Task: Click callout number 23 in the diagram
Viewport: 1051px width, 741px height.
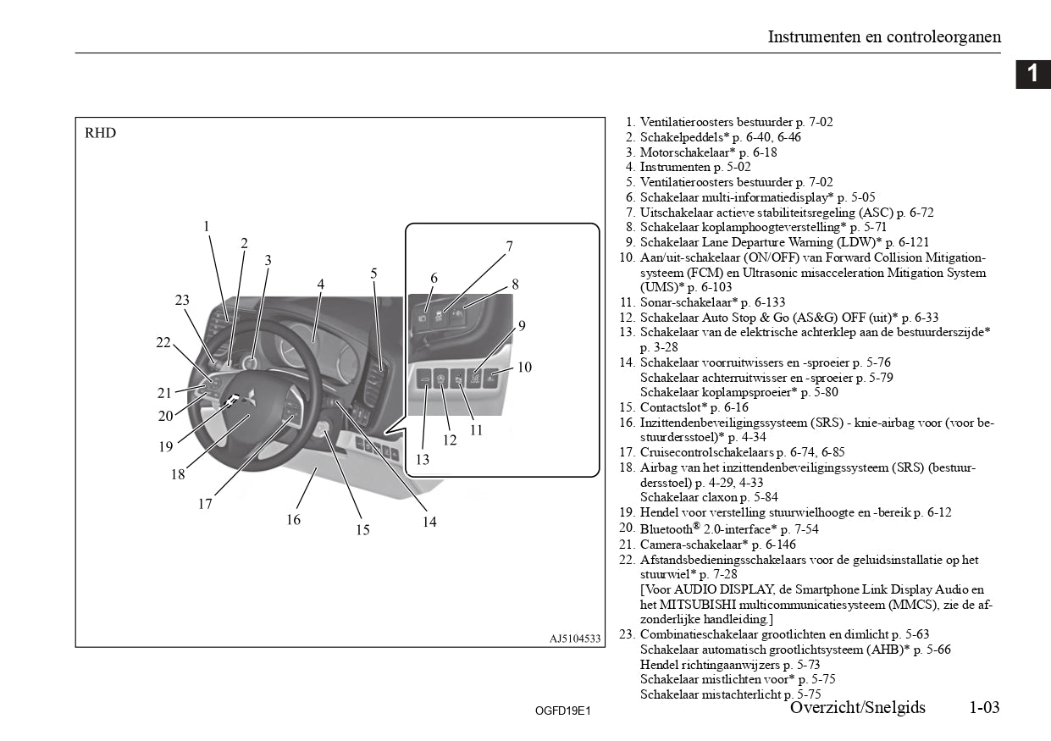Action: [182, 300]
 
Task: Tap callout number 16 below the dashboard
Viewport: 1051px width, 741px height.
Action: [293, 519]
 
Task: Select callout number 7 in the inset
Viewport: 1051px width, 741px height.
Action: [509, 246]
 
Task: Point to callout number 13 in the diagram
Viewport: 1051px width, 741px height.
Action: [422, 459]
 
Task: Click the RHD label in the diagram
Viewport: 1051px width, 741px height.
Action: [100, 133]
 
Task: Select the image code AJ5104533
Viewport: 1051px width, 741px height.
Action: [575, 639]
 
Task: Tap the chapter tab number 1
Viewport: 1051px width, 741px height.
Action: [1032, 74]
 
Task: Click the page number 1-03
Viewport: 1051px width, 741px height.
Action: [985, 707]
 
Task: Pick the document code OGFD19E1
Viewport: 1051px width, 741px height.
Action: [562, 711]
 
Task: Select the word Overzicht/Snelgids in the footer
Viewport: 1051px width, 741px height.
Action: [858, 707]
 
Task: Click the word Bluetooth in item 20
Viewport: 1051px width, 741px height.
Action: [666, 529]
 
